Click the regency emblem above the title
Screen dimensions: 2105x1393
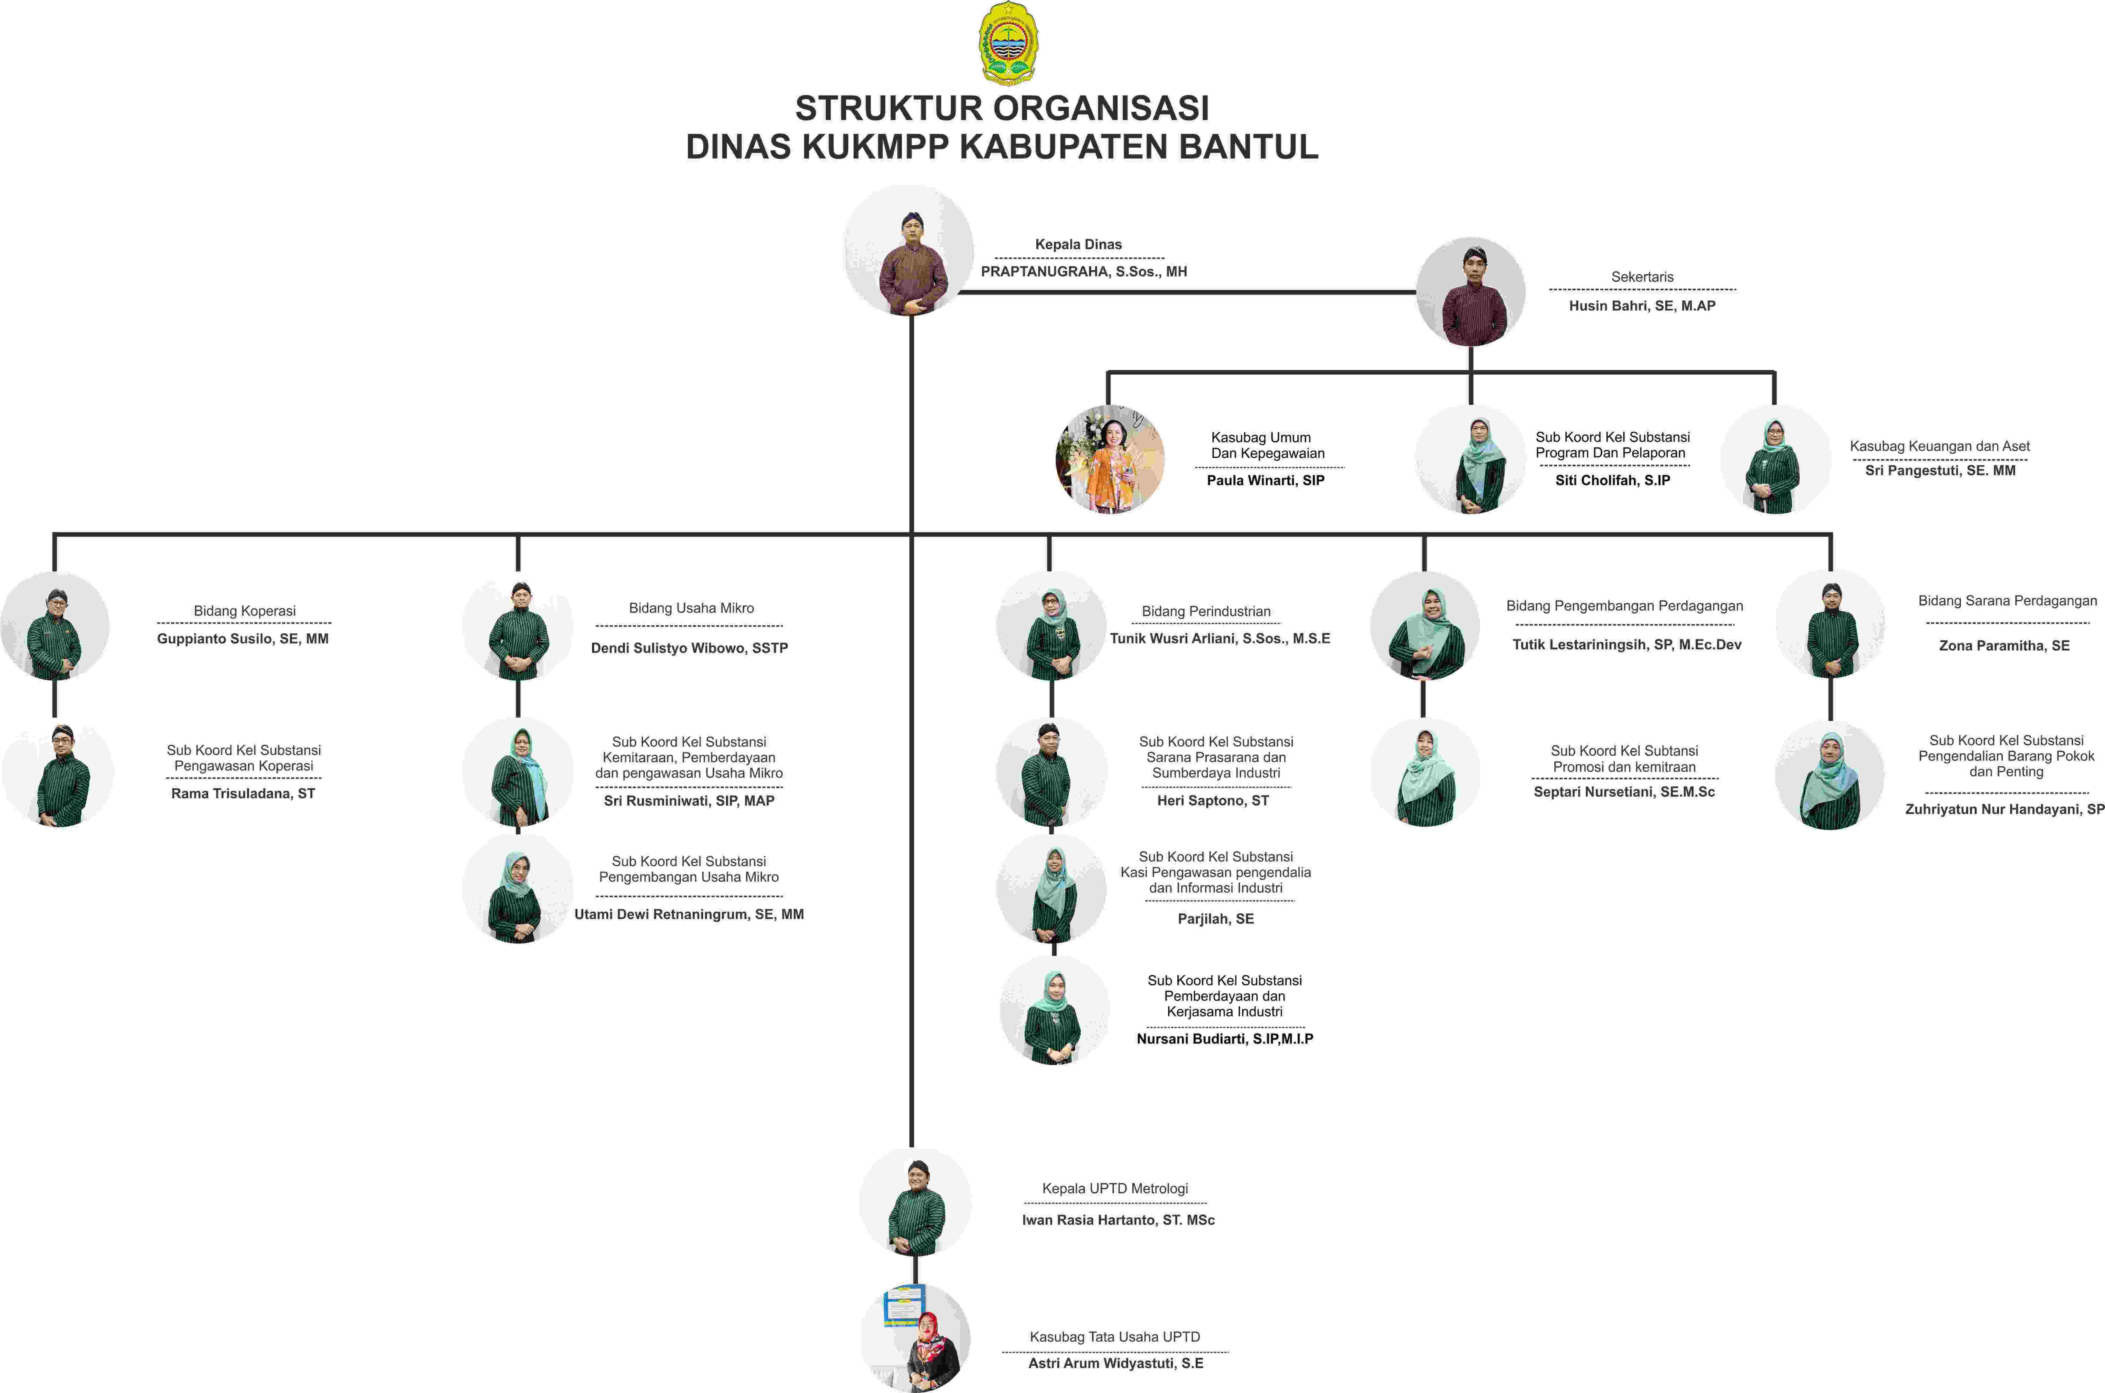tap(1009, 43)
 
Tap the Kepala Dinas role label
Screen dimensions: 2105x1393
tap(1078, 244)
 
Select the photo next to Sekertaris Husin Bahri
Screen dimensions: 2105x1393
tap(1471, 291)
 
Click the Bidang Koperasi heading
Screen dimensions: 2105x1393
tap(244, 611)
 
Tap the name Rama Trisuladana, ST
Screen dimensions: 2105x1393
tap(243, 793)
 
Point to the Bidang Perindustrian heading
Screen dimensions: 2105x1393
tap(1206, 611)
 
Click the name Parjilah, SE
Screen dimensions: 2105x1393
tap(1216, 919)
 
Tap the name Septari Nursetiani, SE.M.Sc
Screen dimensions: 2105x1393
tap(1624, 792)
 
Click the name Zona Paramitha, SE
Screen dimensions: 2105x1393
tap(2004, 646)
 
